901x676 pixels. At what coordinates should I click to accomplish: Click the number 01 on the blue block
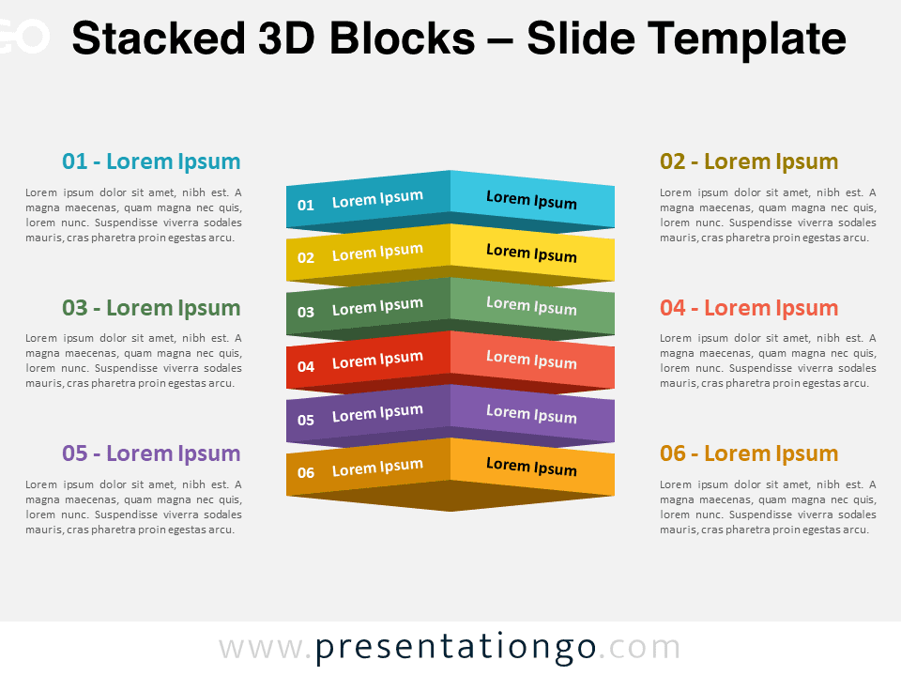(x=306, y=205)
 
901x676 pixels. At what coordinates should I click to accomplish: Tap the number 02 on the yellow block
(x=306, y=257)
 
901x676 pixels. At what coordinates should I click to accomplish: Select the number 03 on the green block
(x=306, y=312)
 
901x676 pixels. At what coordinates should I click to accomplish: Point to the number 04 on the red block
(x=306, y=366)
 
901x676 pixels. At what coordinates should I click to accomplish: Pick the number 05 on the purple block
(x=306, y=420)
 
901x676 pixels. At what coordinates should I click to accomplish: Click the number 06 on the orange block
(x=306, y=472)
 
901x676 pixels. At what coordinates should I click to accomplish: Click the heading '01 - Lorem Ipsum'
(x=151, y=161)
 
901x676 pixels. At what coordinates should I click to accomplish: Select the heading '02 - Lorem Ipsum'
(x=749, y=161)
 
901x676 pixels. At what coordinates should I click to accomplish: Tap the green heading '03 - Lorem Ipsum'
(x=151, y=308)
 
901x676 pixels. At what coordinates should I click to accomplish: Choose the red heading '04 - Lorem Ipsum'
(x=749, y=308)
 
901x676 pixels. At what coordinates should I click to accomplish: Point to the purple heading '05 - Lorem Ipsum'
(x=151, y=453)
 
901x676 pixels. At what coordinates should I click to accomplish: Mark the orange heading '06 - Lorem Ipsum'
(x=749, y=453)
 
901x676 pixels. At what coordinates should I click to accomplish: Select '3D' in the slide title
(x=287, y=38)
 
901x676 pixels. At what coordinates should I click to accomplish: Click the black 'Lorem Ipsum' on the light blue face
(x=531, y=200)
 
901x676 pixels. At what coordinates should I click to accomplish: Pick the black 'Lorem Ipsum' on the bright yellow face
(x=531, y=253)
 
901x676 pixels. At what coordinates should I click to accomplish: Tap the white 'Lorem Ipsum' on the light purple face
(x=531, y=414)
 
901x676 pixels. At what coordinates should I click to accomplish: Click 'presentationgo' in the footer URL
(x=456, y=648)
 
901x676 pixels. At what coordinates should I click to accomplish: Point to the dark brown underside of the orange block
(x=450, y=496)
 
